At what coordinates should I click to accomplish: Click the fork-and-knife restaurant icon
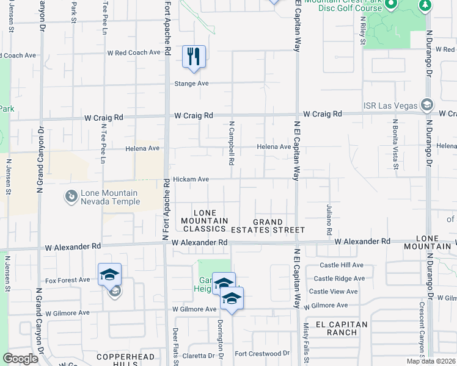[x=194, y=57]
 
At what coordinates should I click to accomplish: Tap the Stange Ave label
[x=192, y=84]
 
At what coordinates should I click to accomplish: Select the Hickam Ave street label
[x=191, y=179]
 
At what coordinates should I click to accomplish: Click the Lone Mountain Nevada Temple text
[x=109, y=198]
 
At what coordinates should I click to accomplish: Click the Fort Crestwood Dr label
[x=262, y=353]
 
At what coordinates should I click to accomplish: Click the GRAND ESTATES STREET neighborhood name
[x=268, y=226]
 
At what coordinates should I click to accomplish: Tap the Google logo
[x=21, y=359]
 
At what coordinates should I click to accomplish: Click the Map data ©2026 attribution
[x=431, y=361]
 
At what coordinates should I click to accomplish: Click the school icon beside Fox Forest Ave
[x=109, y=275]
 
